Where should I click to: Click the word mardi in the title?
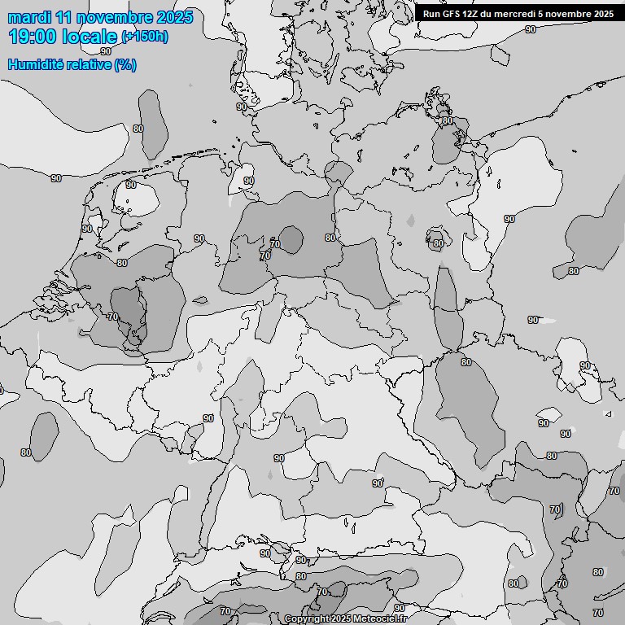pos(30,17)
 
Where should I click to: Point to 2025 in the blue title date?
pos(175,17)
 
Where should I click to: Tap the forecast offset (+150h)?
pos(145,37)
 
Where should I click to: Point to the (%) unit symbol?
pos(125,64)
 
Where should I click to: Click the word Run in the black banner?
pos(431,14)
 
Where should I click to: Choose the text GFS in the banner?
pos(451,14)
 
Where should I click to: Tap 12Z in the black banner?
pos(470,14)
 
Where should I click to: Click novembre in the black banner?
pos(569,14)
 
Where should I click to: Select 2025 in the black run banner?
pos(603,14)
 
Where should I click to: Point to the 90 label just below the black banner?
pos(531,29)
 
